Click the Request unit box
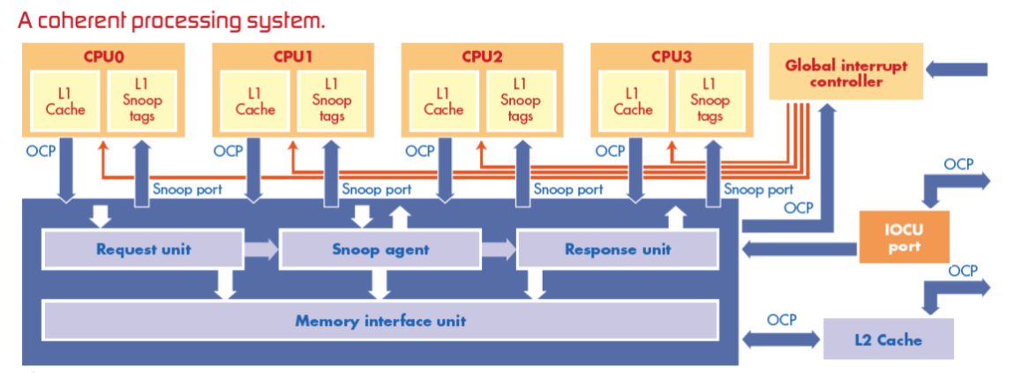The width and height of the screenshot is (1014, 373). point(143,250)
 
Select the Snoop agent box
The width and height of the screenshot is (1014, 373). point(380,250)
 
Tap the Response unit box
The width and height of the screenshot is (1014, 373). point(618,250)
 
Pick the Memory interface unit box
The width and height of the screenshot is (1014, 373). point(380,321)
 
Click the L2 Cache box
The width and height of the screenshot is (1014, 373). point(888,340)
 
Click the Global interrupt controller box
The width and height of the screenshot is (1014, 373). point(845,74)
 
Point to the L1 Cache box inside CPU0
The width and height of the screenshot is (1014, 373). point(65,101)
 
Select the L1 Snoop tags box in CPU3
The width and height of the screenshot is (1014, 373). point(710,101)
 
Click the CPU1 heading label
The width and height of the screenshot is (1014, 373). point(293,57)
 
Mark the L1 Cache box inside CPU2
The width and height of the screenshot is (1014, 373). point(443,101)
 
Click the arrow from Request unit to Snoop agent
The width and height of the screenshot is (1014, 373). point(260,250)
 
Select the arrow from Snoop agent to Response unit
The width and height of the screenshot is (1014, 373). point(498,250)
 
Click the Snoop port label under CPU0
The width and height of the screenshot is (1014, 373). point(186,189)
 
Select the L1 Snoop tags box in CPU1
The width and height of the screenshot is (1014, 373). point(331,101)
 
